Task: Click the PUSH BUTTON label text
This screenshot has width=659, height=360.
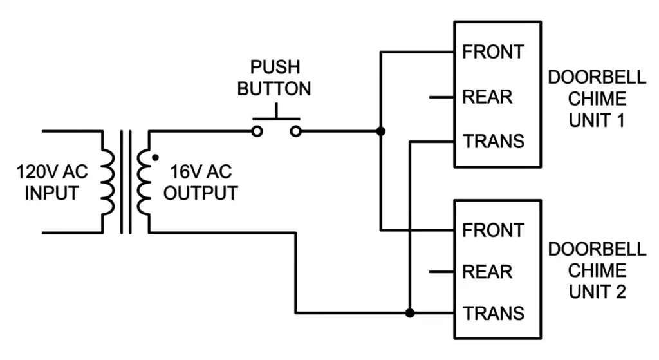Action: (274, 78)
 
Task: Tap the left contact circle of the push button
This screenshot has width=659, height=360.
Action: (257, 131)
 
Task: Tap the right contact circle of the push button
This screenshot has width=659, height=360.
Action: (295, 131)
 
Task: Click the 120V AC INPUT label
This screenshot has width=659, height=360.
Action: (51, 183)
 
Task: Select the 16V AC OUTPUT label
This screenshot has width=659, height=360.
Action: (200, 183)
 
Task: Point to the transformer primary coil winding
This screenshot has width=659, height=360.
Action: (107, 182)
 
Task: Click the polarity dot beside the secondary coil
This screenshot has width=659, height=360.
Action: (154, 156)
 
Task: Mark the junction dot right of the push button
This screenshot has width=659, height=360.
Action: (381, 131)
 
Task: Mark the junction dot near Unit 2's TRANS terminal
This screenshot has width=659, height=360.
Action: (410, 314)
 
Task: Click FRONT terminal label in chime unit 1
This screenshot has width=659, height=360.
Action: (493, 52)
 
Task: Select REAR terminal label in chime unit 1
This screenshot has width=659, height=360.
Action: (487, 97)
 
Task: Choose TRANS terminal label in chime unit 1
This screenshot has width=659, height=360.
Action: (494, 141)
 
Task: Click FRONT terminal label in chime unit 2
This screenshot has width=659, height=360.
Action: (493, 230)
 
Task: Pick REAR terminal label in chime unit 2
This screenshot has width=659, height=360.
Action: (487, 272)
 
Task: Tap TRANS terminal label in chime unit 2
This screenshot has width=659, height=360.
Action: (494, 314)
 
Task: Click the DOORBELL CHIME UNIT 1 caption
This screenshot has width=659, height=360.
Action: (597, 99)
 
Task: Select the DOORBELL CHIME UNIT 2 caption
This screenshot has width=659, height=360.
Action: (597, 270)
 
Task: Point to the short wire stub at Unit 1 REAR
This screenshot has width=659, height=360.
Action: (443, 97)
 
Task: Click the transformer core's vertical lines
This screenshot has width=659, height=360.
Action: (125, 182)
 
